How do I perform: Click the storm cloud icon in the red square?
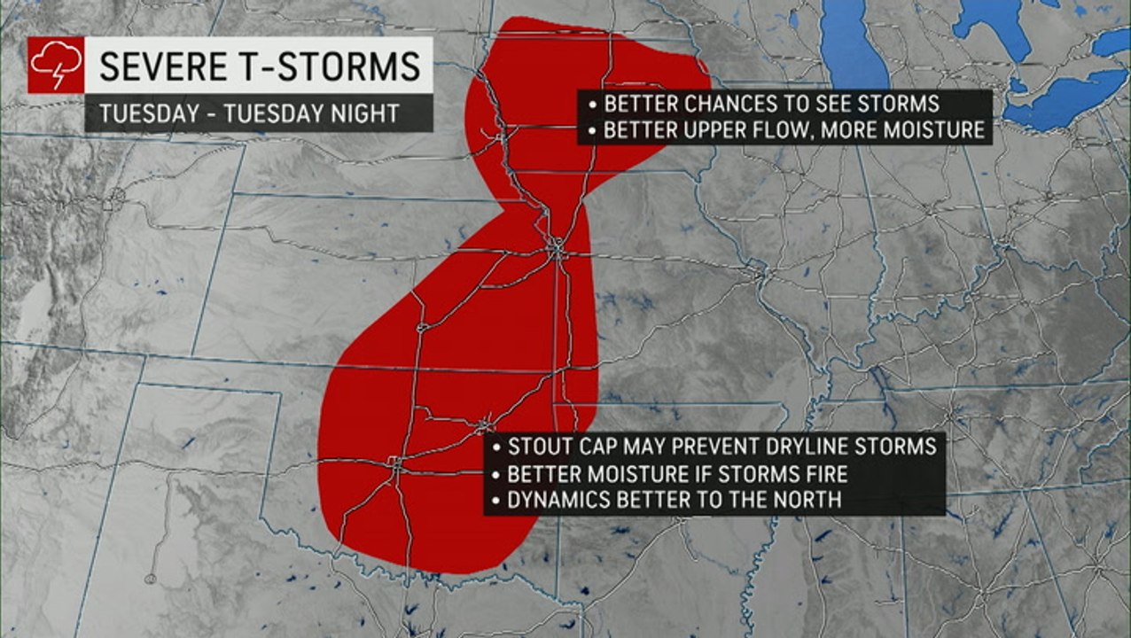(56, 65)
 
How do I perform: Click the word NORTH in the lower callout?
(806, 500)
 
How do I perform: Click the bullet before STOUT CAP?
(496, 446)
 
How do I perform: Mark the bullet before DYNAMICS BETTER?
(496, 501)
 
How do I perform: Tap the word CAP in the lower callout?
(597, 445)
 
